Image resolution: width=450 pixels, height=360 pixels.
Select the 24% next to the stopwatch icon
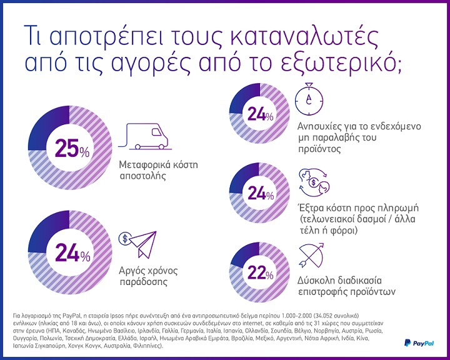tap(261, 115)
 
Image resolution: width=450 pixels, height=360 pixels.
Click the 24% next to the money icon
tap(261, 194)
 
